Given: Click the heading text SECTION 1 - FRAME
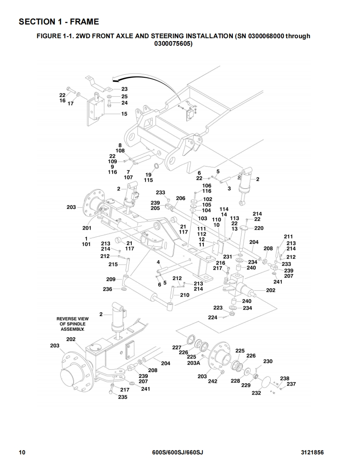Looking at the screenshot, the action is click(59, 22).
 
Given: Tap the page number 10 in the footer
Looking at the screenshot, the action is click(22, 453).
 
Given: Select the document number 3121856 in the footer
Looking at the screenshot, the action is click(312, 453).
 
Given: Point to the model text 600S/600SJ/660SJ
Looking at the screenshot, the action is click(178, 453).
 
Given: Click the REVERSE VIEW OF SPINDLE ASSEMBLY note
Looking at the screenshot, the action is click(73, 324).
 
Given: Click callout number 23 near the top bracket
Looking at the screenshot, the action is click(124, 89).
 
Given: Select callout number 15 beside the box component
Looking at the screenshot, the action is click(124, 113).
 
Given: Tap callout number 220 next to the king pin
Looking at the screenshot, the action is click(259, 228).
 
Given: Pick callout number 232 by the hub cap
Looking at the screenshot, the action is click(256, 393).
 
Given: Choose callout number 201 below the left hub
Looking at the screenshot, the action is click(87, 228).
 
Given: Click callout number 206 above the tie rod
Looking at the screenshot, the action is click(180, 198).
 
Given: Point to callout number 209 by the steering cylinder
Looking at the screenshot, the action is click(111, 280).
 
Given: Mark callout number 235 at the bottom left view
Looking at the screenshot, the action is click(123, 397).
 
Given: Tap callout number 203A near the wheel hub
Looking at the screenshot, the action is click(193, 363).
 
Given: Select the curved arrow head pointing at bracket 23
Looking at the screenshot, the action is click(114, 79).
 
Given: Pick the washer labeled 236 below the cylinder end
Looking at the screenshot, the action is click(123, 289).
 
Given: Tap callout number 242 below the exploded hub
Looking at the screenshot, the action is click(212, 381).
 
